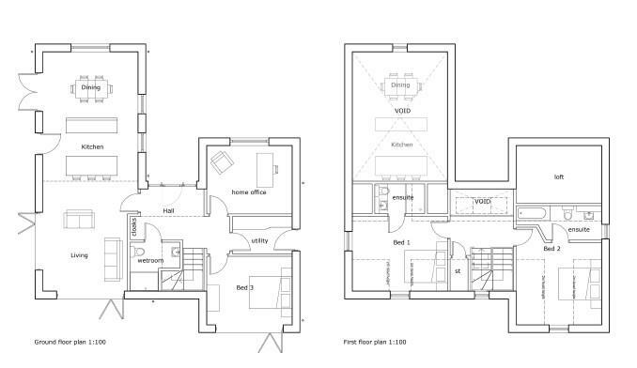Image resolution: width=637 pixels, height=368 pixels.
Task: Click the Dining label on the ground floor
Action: pos(91,87)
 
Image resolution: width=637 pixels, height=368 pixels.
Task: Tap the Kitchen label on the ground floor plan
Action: pos(91,147)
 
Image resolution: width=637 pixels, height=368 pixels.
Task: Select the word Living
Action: pos(79,254)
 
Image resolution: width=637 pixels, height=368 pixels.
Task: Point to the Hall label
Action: pos(168,210)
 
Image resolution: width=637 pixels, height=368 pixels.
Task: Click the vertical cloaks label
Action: pos(134,228)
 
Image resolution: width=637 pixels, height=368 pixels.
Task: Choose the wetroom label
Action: pos(150,260)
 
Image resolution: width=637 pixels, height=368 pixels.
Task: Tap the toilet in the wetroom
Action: pos(137,252)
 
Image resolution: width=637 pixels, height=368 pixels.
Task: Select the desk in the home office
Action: pos(276,168)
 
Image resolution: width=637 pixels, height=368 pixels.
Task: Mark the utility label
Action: pos(259,241)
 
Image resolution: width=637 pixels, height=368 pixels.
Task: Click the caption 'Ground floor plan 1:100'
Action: pos(70,343)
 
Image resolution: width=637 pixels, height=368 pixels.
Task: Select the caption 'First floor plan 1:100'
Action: pos(375,343)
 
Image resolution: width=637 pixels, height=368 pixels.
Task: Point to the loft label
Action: pos(558,176)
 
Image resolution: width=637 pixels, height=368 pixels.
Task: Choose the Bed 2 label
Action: pos(552,249)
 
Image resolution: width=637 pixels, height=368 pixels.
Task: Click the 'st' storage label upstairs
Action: pos(458,271)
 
